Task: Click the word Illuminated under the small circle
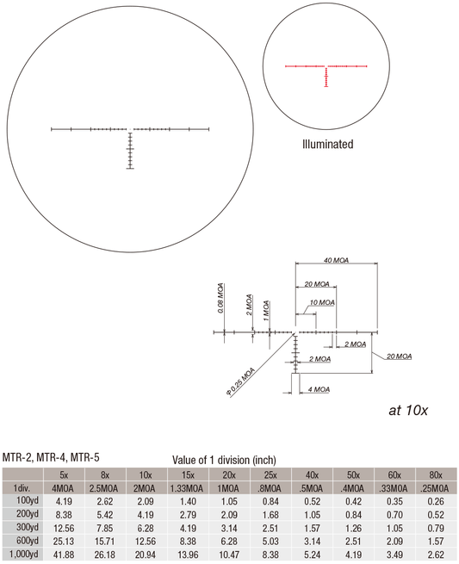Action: [x=328, y=145]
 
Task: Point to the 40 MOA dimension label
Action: [x=337, y=260]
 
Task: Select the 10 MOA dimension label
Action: [x=322, y=302]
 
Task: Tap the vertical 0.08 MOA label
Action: [x=220, y=298]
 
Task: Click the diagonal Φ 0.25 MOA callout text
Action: [x=240, y=381]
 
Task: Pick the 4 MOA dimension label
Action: [x=319, y=389]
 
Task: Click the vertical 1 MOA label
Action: [x=266, y=311]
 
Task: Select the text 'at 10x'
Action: [x=408, y=410]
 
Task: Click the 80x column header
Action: [x=436, y=475]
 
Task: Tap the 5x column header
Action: [x=64, y=475]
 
